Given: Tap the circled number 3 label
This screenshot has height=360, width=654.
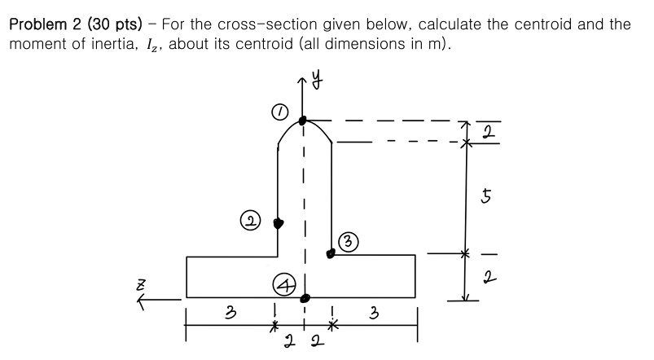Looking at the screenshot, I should pos(348,240).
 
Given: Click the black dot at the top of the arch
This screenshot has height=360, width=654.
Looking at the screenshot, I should pos(303,121).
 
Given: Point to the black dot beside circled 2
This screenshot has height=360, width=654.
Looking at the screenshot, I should pos(278,222).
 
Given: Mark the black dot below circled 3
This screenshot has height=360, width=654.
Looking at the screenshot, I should pos(331,254).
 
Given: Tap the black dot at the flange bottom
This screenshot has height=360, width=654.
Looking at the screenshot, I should pos(304,299).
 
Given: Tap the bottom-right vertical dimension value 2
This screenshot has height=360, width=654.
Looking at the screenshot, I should pos(487,278).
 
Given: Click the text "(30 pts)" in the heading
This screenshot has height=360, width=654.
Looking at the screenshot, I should pos(97,23).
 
